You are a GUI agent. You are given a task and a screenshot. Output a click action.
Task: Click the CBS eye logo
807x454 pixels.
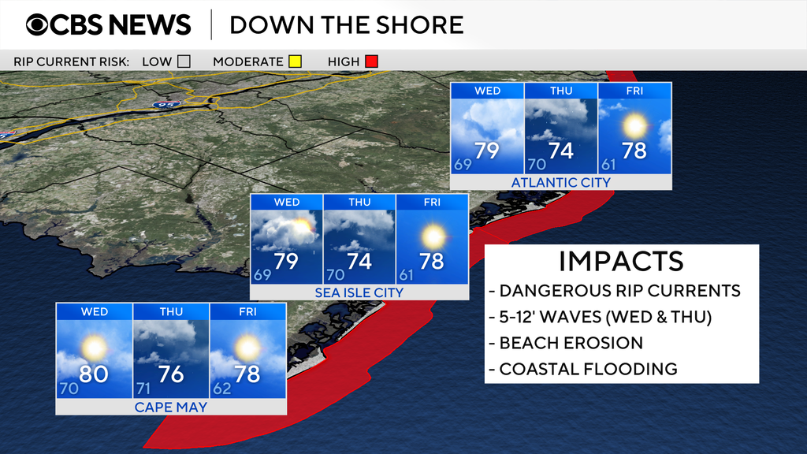click(x=39, y=24)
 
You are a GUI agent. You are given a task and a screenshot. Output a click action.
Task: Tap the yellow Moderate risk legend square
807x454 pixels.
click(x=295, y=61)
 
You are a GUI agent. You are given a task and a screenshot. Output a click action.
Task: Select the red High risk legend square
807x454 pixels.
click(x=371, y=61)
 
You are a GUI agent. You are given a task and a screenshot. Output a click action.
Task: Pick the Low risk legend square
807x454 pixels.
click(x=184, y=61)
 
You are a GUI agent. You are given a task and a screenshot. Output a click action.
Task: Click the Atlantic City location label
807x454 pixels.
click(x=560, y=183)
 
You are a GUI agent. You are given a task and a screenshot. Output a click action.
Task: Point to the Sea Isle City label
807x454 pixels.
click(x=359, y=292)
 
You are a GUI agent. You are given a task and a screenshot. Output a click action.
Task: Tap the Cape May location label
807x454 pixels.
click(x=170, y=407)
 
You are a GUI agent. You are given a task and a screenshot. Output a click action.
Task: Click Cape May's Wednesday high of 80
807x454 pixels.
click(x=93, y=374)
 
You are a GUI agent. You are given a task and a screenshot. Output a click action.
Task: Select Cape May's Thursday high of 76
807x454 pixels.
click(x=171, y=374)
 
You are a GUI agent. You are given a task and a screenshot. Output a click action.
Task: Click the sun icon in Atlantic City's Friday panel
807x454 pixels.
click(x=634, y=125)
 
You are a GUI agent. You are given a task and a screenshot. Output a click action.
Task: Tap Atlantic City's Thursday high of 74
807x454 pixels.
click(x=561, y=150)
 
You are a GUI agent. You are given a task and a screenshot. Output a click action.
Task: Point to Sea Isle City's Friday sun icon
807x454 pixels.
click(x=432, y=236)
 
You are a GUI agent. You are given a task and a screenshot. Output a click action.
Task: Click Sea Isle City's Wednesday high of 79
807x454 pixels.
click(x=286, y=260)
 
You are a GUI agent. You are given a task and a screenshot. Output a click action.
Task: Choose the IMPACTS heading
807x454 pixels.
click(x=620, y=261)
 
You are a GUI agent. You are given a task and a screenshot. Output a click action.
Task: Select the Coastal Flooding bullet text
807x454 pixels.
click(x=588, y=369)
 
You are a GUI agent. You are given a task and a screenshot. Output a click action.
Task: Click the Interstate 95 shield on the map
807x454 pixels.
click(x=173, y=103)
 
